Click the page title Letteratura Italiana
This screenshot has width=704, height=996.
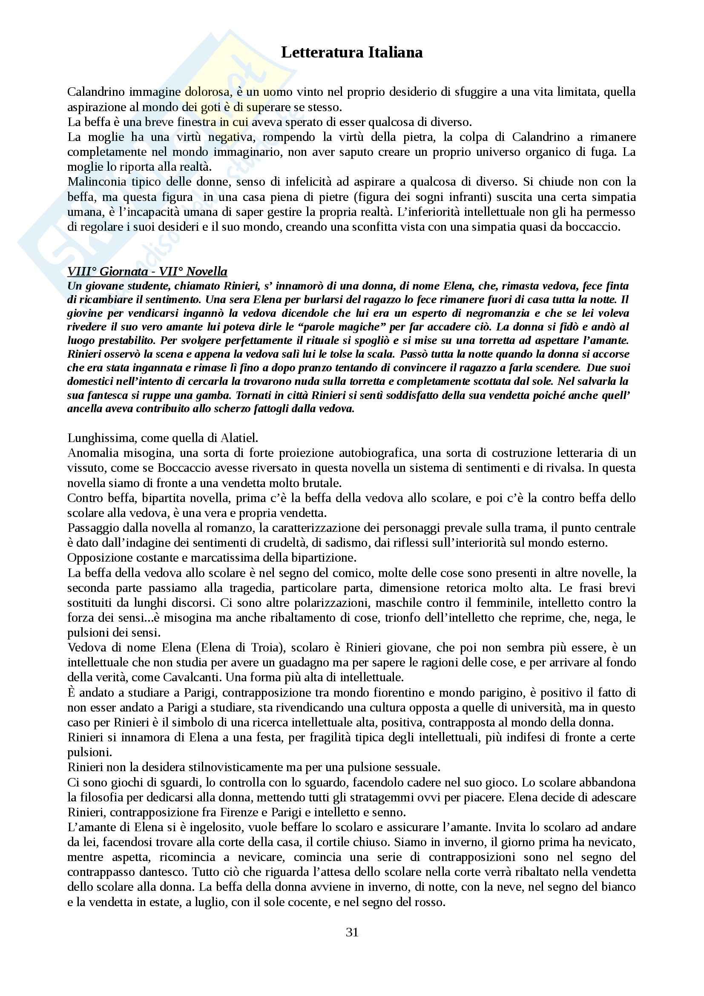(x=352, y=52)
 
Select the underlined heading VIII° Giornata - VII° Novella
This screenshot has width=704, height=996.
(x=147, y=272)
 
